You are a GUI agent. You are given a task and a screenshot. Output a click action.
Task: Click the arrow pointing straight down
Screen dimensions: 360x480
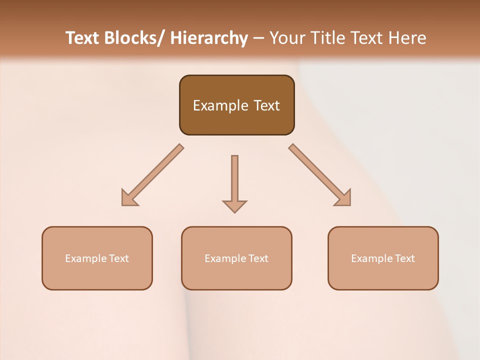coord(234,182)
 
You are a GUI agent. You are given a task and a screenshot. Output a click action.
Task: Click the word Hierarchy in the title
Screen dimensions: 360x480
coord(208,38)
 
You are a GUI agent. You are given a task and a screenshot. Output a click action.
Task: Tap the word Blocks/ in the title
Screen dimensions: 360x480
coord(136,38)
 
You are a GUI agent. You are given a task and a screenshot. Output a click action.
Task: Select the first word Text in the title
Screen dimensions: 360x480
coord(83,38)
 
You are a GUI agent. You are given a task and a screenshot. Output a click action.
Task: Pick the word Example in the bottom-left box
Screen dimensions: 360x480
coord(86,258)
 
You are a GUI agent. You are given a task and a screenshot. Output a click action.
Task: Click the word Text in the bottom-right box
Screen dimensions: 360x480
coord(404,258)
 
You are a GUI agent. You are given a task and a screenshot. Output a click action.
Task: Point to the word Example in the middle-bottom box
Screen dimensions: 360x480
coord(225,258)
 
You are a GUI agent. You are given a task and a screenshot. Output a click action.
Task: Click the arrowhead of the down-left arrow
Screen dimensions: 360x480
coord(128,198)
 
